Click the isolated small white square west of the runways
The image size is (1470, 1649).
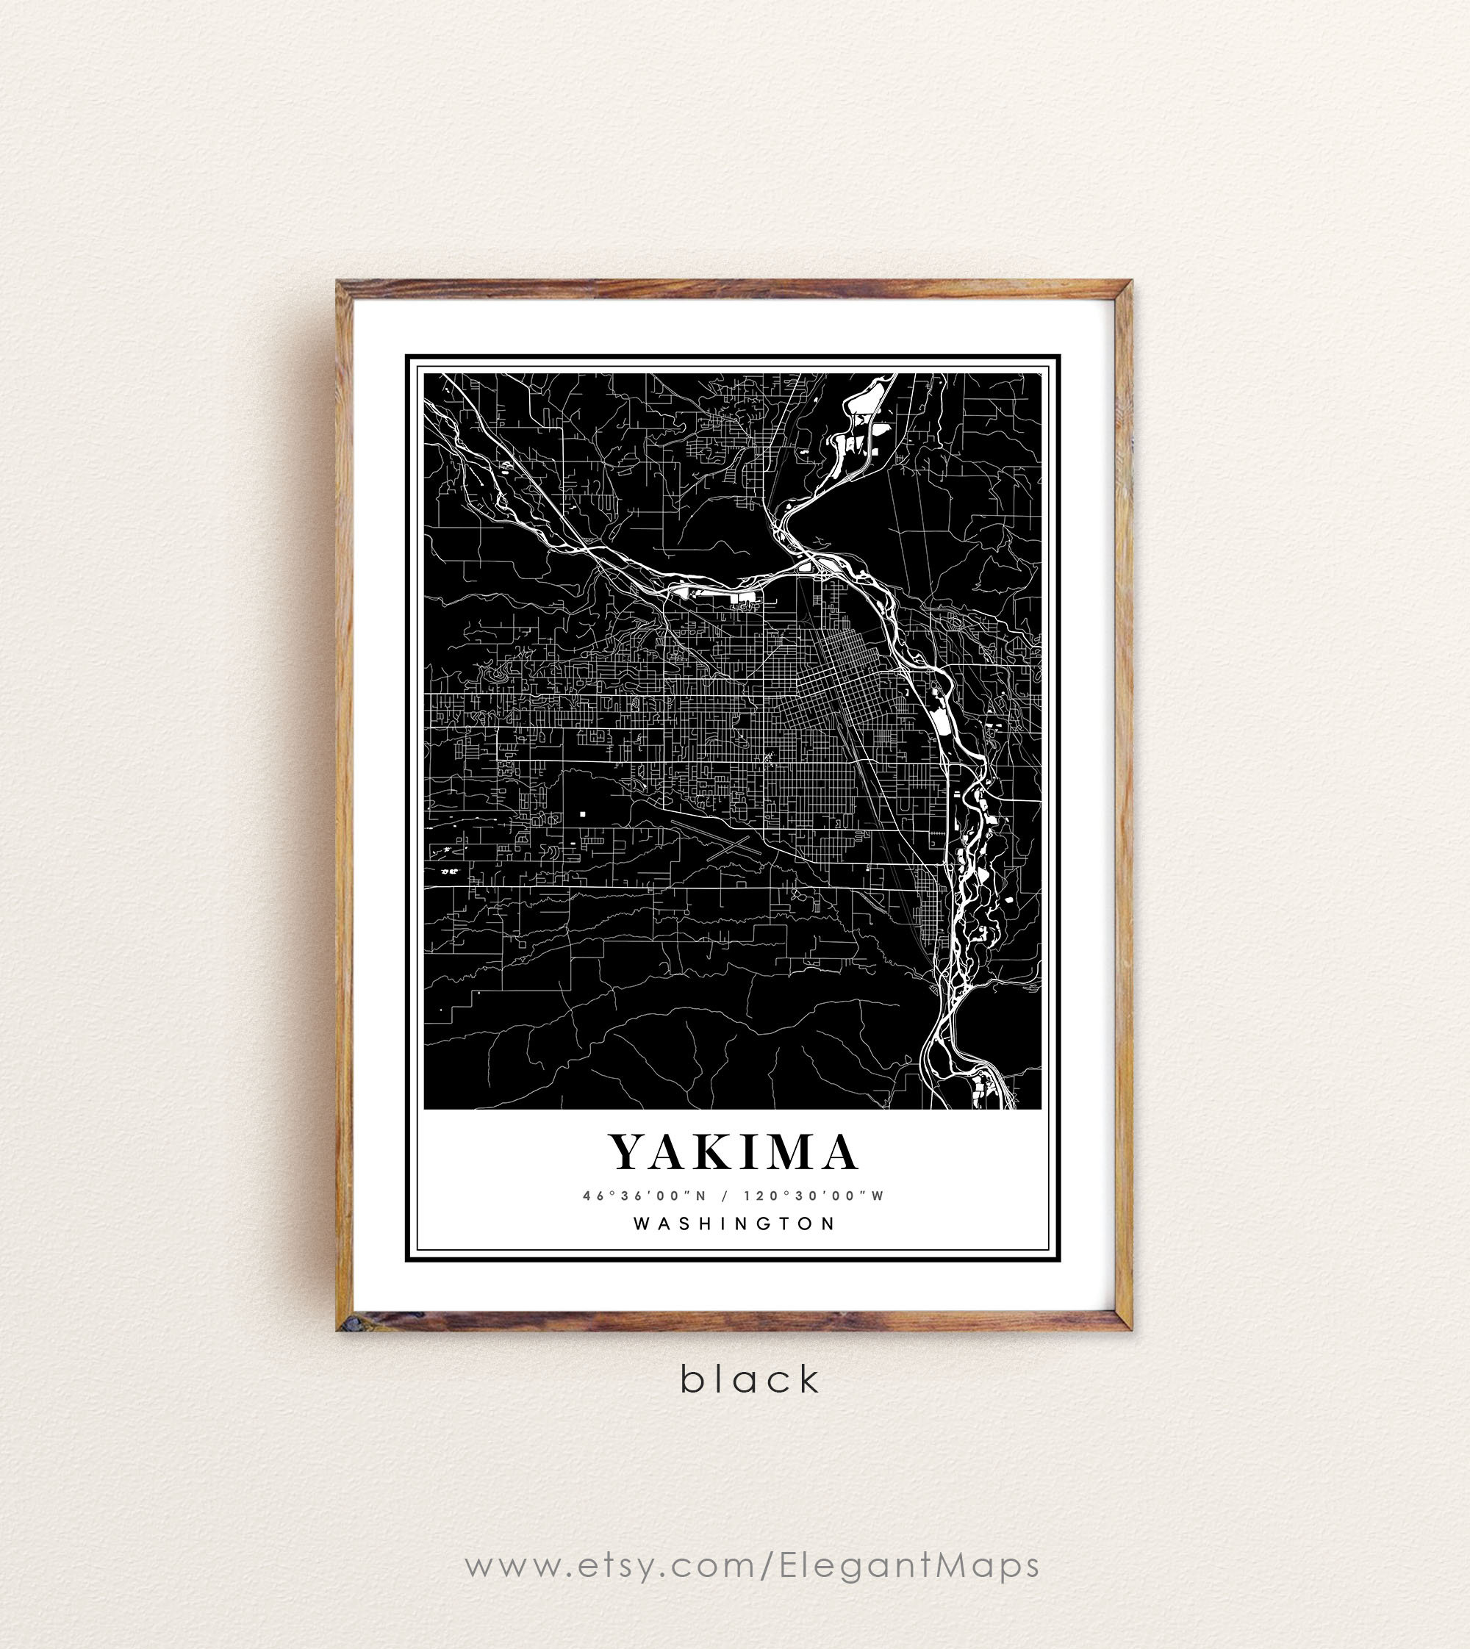tap(581, 813)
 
